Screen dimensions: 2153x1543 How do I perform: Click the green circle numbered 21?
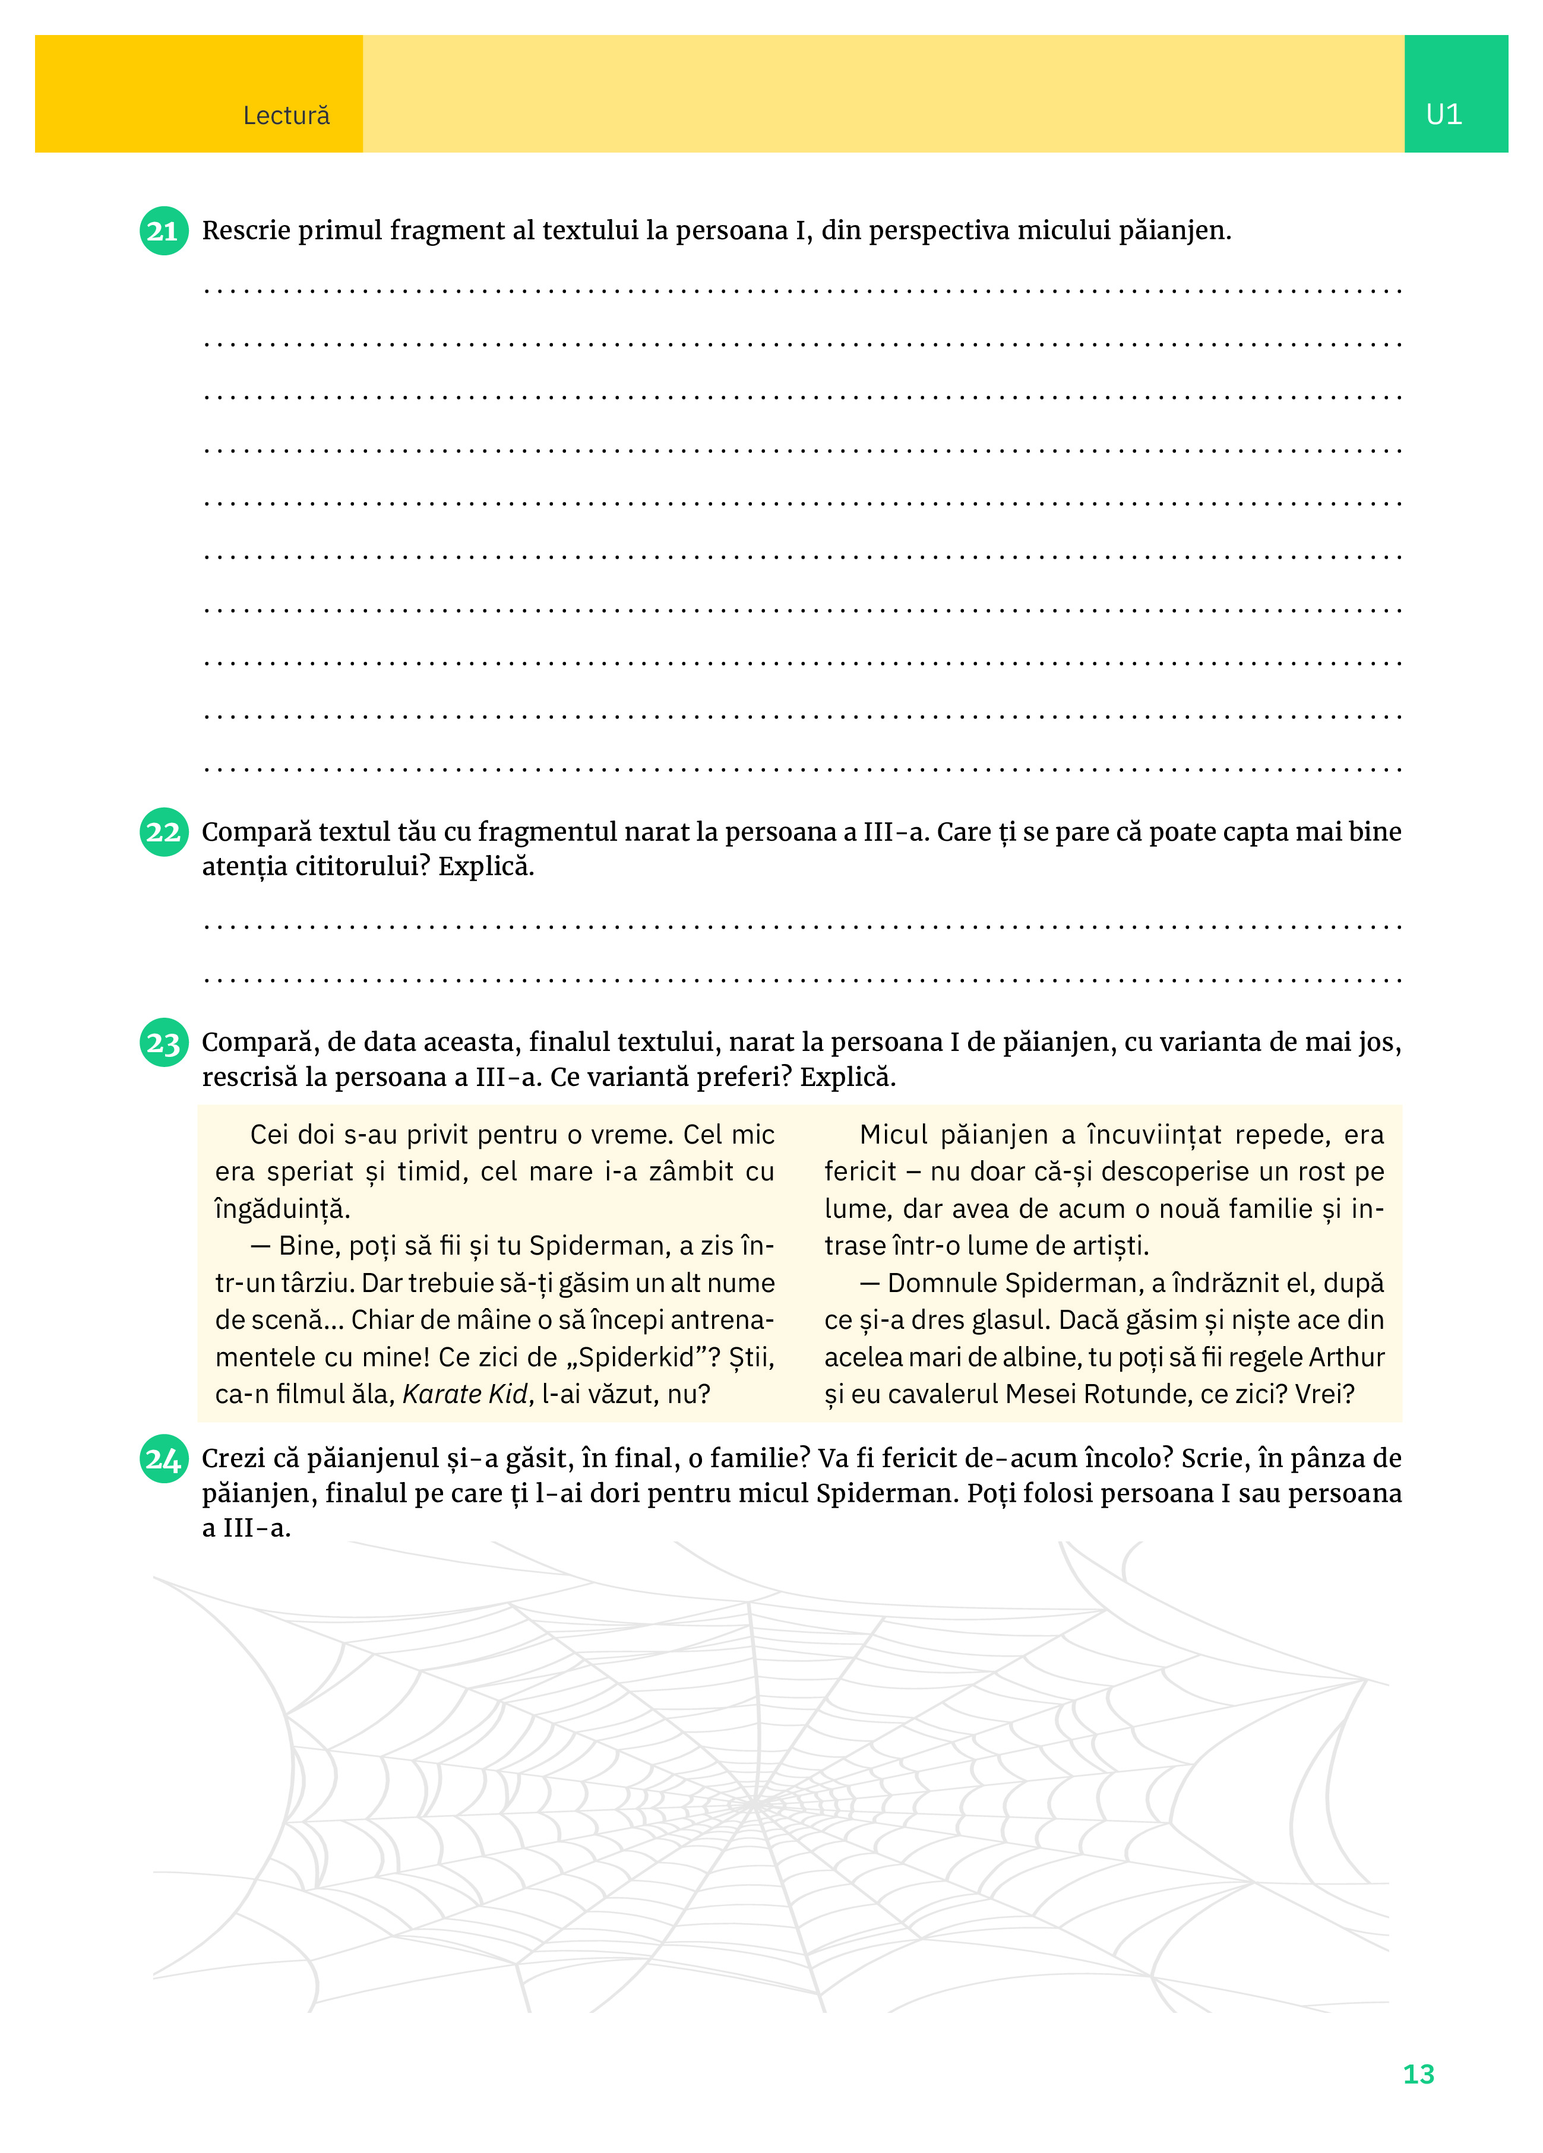163,230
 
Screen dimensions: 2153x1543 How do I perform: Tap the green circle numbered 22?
163,832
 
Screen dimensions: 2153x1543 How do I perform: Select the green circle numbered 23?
163,1043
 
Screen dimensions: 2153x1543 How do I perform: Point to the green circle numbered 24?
163,1459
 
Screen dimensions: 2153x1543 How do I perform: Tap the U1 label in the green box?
1443,115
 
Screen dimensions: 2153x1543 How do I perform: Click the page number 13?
1418,2074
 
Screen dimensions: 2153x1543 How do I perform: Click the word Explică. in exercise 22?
486,867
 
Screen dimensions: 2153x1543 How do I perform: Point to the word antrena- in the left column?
717,1321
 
